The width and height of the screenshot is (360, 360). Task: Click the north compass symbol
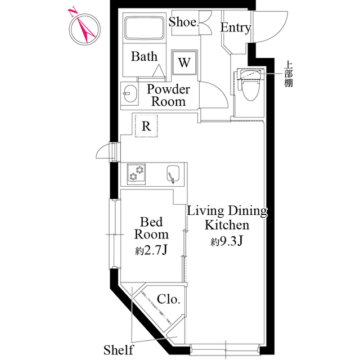coord(85,29)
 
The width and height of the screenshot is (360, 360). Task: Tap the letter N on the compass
coord(72,12)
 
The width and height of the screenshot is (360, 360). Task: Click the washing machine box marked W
coord(184,62)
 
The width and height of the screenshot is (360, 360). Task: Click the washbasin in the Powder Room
coord(130,94)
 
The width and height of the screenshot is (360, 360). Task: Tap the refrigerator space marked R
coord(146,126)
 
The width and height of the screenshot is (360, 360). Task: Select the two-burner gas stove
coord(136,174)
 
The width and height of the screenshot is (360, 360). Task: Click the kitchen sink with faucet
coord(173,174)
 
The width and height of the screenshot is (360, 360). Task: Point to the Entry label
coord(236,28)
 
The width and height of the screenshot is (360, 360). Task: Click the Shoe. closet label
coord(184,22)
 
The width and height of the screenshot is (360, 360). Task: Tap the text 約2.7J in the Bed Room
coord(151,250)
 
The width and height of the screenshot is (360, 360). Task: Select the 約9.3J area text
coord(227,241)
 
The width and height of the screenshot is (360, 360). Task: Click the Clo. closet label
coord(168,299)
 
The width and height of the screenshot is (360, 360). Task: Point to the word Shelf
coord(118,350)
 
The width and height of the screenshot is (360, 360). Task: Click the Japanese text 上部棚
coord(289,74)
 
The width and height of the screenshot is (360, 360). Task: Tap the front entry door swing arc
coord(281,34)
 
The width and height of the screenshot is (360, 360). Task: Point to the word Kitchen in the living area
coord(227,225)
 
